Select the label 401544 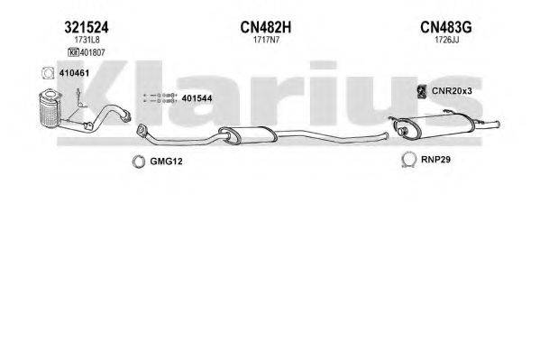[197, 97]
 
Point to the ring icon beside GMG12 [139, 162]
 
